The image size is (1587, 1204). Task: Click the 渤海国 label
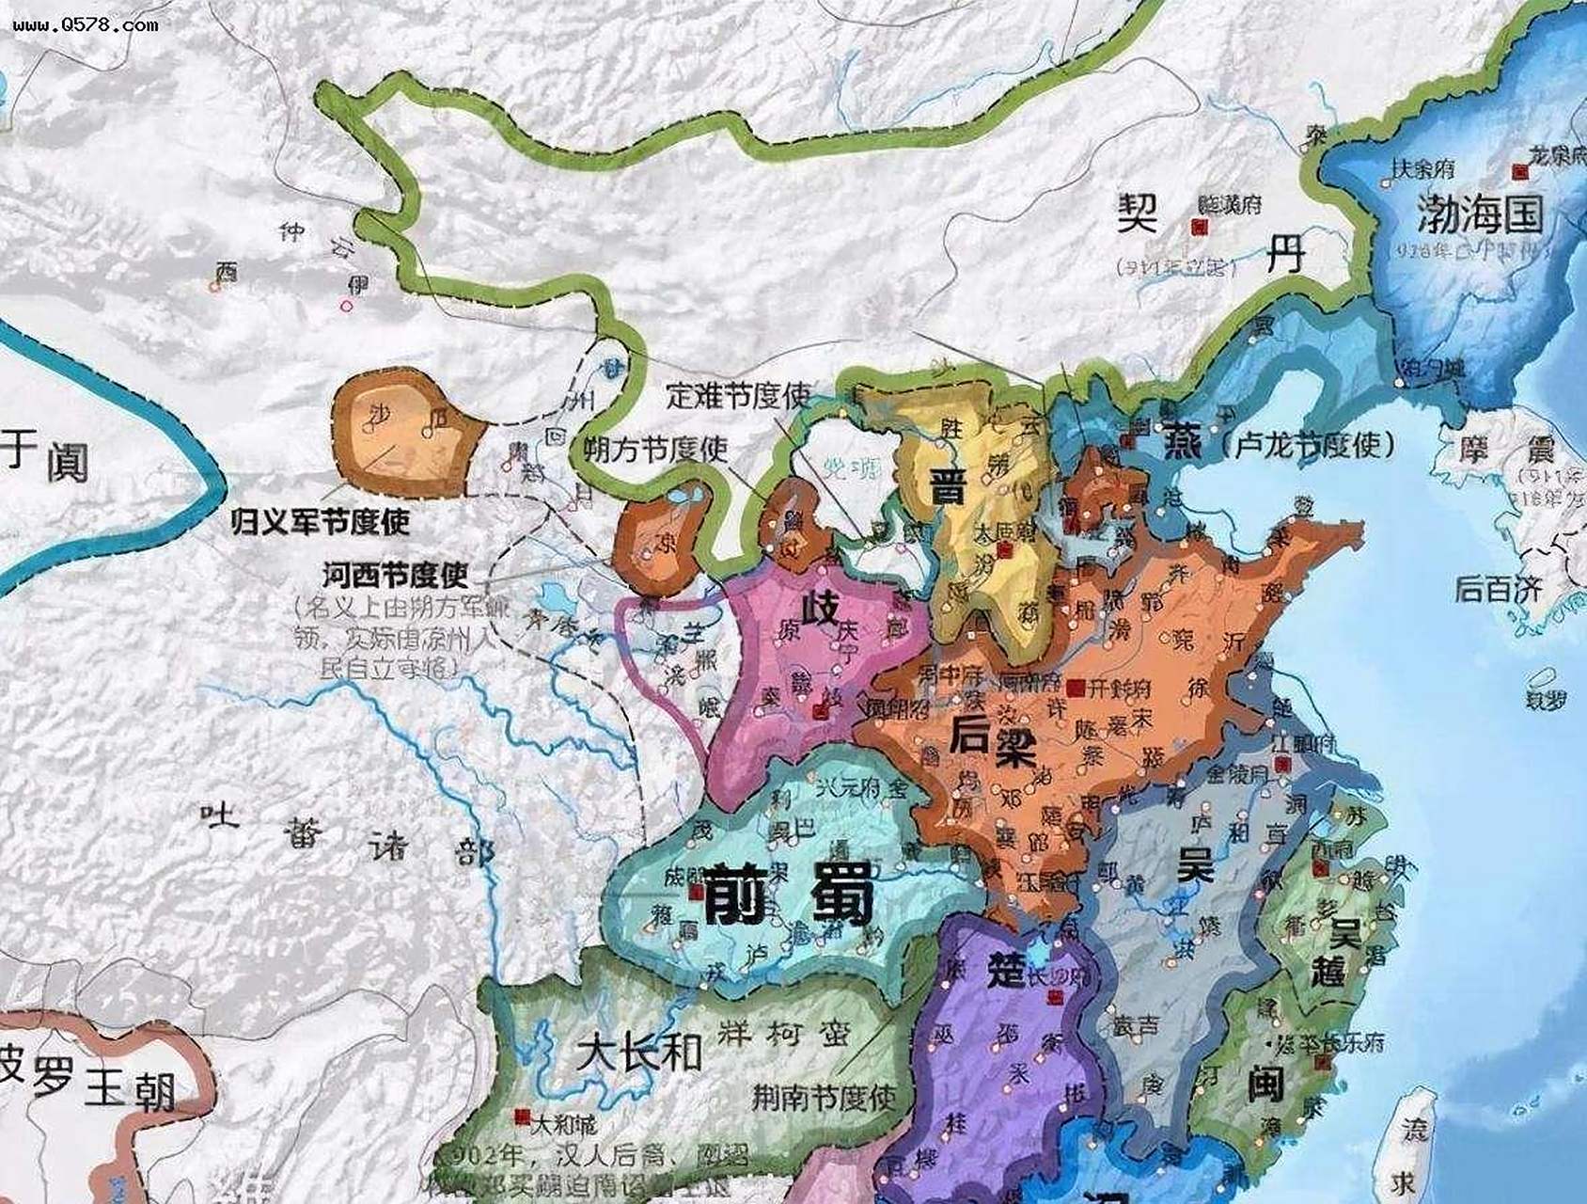(x=1480, y=215)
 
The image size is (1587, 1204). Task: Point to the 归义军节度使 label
(x=321, y=521)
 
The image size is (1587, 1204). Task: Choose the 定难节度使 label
(x=738, y=395)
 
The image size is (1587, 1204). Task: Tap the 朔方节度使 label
(x=656, y=449)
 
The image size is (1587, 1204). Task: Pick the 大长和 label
(x=639, y=1052)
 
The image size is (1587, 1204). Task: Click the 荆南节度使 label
(x=823, y=1096)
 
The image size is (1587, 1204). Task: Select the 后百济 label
(x=1498, y=589)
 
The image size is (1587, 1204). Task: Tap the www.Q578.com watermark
(x=86, y=25)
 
